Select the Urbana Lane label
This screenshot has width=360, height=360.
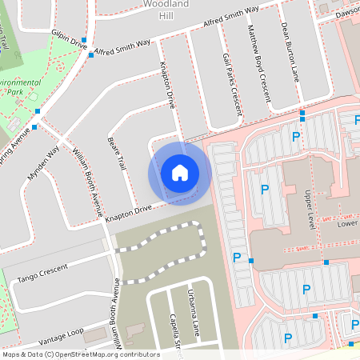click(191, 313)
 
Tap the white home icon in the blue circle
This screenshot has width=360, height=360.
click(179, 173)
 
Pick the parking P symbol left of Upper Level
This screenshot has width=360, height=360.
click(265, 190)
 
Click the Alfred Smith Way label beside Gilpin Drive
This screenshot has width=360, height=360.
click(122, 47)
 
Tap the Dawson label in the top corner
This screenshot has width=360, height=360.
click(346, 12)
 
